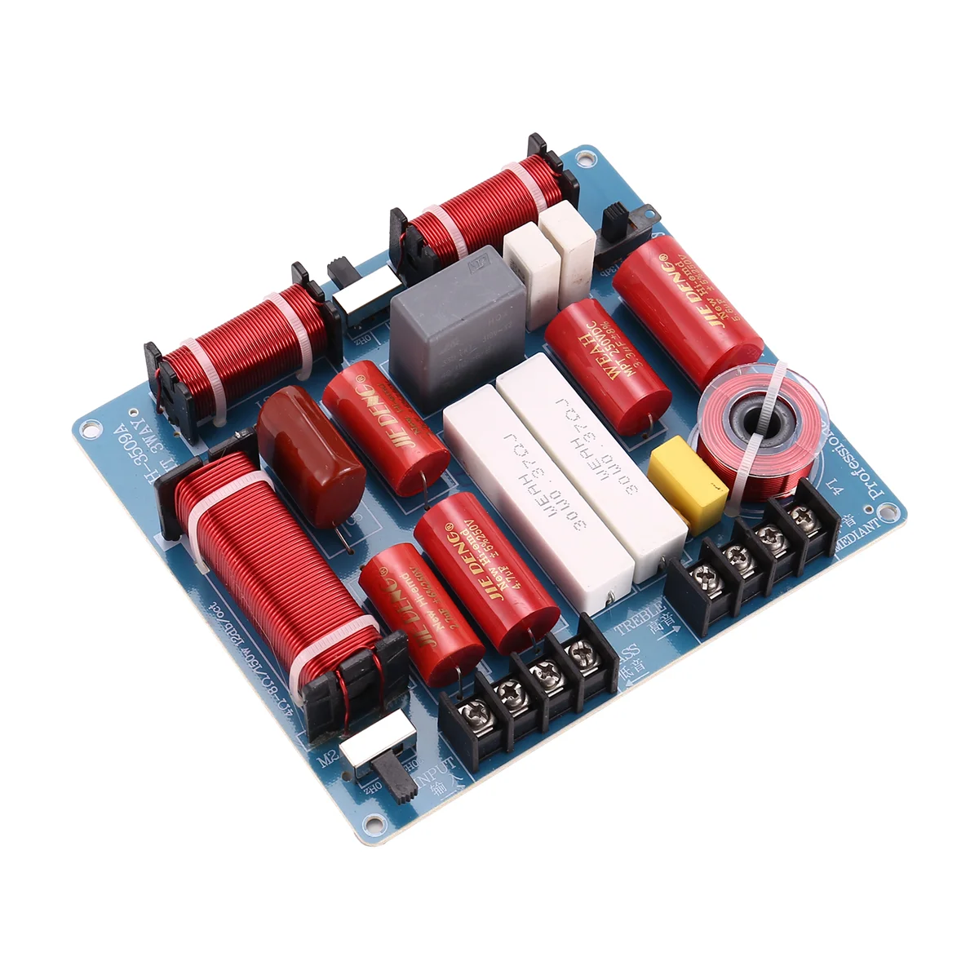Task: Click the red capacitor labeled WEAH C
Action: [x=607, y=363]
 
